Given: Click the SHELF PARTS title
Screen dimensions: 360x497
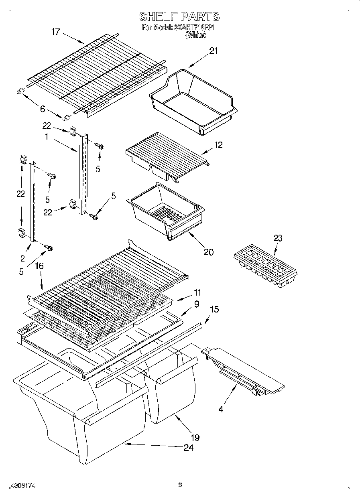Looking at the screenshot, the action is coord(179,16).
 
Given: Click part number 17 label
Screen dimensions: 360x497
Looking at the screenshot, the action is coord(55,32).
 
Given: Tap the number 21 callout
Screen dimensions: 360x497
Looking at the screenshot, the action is coord(213,51).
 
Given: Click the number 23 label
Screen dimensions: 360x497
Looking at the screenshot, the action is coord(278,238).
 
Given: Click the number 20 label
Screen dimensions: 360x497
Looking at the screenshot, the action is coord(208,252).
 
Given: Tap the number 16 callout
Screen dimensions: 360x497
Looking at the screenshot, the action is coord(39,266).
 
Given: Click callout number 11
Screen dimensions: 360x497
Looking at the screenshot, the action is coord(197,293).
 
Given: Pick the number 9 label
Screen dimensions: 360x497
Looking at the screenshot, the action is coord(197,304).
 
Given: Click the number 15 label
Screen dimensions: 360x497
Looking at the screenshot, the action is coord(215,310).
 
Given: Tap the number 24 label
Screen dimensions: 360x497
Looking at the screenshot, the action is coord(188,448).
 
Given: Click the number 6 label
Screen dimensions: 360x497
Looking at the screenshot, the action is coord(43,108).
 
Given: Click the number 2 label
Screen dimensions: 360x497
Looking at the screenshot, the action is coord(23,258).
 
